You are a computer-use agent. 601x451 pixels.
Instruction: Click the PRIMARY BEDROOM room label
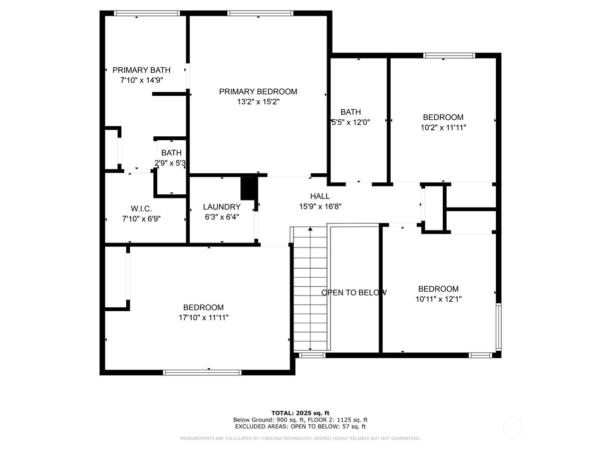[x=258, y=91]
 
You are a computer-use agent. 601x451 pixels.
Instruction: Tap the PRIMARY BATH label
[x=141, y=70]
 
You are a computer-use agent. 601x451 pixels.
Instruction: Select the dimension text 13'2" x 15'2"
[x=258, y=102]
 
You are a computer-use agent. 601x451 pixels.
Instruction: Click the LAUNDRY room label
[x=221, y=206]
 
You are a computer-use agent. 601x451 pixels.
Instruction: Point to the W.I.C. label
[x=141, y=208]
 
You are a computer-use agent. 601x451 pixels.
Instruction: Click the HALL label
[x=320, y=196]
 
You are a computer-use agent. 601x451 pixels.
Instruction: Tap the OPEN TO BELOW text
[x=354, y=293]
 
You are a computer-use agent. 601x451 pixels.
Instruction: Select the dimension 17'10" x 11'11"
[x=203, y=317]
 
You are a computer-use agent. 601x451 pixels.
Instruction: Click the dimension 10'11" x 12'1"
[x=438, y=299]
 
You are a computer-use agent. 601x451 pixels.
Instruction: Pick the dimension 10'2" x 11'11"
[x=443, y=127]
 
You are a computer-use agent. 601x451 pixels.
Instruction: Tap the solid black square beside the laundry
[x=248, y=188]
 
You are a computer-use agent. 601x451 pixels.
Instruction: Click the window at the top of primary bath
[x=147, y=14]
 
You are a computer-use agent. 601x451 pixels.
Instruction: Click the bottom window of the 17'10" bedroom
[x=202, y=372]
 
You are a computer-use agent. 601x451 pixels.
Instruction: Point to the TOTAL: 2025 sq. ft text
[x=300, y=412]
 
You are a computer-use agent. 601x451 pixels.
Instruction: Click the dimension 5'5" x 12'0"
[x=350, y=122]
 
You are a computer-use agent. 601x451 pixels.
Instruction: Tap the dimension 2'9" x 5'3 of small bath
[x=171, y=163]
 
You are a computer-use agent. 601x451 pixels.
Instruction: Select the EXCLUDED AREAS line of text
[x=300, y=426]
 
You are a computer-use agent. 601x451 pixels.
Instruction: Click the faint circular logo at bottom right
[x=512, y=427]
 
